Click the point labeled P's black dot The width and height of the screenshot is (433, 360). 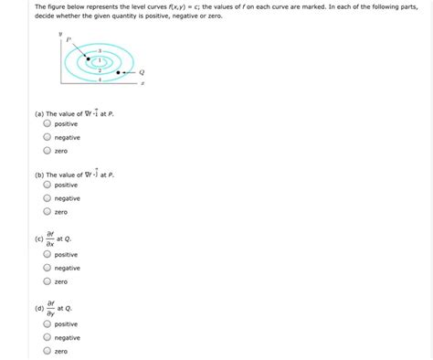tap(89, 58)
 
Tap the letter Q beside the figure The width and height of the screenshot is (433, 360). tap(141, 72)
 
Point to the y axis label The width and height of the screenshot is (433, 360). tap(60, 34)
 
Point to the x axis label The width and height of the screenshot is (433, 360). tap(143, 84)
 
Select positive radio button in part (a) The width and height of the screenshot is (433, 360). tap(47, 123)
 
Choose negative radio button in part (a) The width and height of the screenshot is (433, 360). tap(47, 137)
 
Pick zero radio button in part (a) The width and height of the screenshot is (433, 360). tap(47, 151)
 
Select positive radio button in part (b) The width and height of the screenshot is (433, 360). tap(47, 185)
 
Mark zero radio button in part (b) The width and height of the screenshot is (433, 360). tap(47, 212)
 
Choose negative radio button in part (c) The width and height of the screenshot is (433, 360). tap(47, 269)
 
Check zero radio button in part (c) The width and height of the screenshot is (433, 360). tap(47, 282)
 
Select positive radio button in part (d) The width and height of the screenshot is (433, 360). tap(47, 323)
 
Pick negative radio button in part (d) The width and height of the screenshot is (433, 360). tap(47, 337)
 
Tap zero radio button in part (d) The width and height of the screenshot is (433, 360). tap(47, 351)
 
